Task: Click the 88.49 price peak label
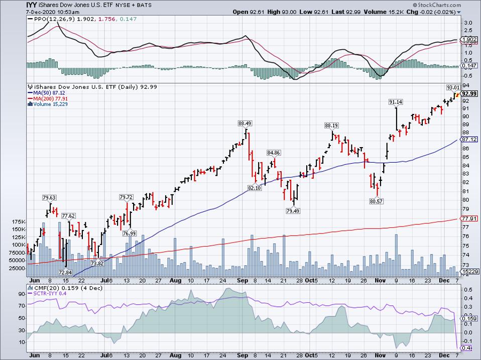coord(245,123)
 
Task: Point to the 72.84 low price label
coord(65,272)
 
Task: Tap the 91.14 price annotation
coord(396,102)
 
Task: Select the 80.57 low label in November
coord(376,201)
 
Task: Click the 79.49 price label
coord(292,210)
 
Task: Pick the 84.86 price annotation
coord(274,153)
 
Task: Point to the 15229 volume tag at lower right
coord(467,271)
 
